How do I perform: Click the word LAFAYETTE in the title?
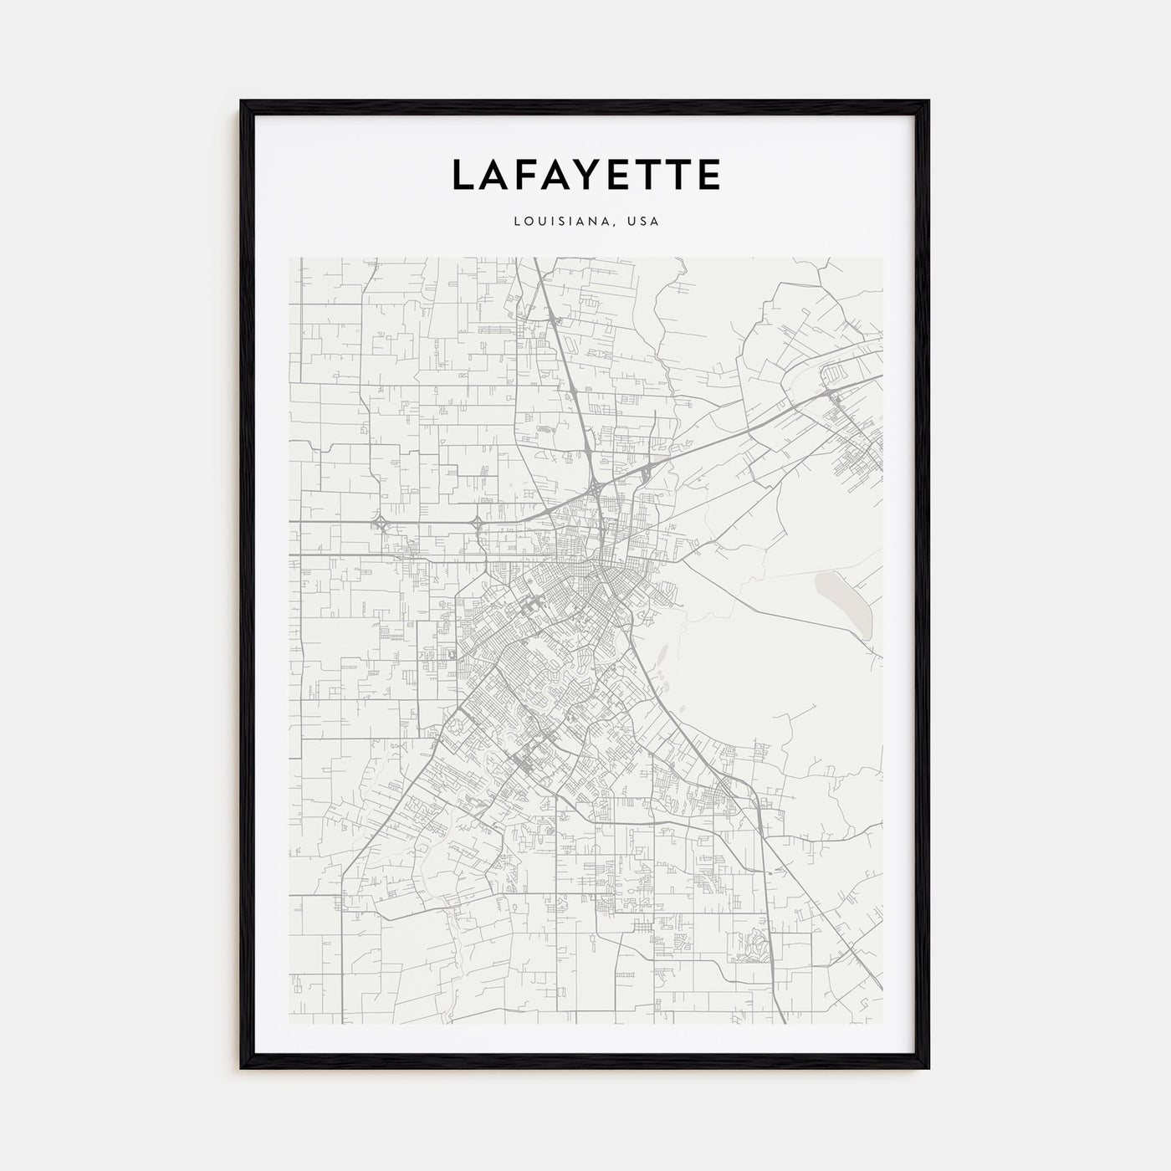pos(585,175)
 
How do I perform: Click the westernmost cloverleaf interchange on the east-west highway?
pos(381,524)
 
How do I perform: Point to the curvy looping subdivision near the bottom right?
pos(756,949)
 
